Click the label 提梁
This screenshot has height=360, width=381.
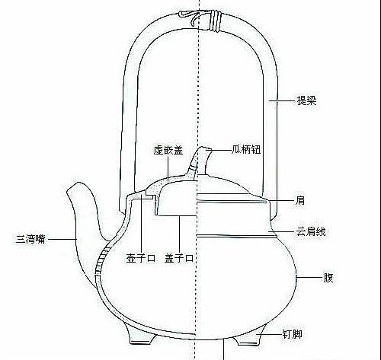pos(307,100)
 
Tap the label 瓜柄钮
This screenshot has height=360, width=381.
pos(246,150)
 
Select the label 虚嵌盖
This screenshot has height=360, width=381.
pos(168,150)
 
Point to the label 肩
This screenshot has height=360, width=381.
pos(300,201)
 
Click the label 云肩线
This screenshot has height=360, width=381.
pos(311,231)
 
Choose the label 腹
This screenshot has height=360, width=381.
pos(328,278)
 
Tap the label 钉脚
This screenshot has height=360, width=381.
pos(293,334)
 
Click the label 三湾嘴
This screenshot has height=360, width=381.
pos(30,239)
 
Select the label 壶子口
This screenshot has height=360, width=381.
pos(141,259)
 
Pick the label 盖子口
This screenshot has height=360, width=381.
pos(179,259)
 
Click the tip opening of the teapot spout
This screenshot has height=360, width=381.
pos(75,186)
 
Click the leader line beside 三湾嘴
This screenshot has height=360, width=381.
pos(62,239)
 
